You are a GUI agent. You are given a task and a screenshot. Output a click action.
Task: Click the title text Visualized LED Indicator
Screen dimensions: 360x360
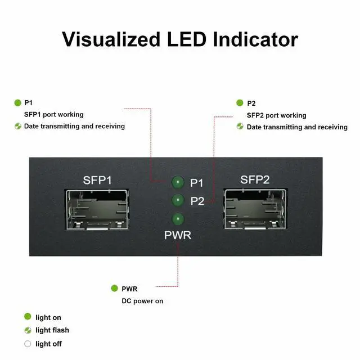pyautogui.click(x=179, y=39)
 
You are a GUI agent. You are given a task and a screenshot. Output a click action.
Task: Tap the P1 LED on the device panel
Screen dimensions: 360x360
pyautogui.click(x=178, y=182)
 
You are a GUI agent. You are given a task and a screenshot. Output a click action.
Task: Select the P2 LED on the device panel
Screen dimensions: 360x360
pyautogui.click(x=178, y=200)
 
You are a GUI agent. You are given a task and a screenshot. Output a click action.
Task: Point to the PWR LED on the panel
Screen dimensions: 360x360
pyautogui.click(x=178, y=219)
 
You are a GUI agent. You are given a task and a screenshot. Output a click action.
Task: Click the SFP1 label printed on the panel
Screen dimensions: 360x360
pyautogui.click(x=97, y=181)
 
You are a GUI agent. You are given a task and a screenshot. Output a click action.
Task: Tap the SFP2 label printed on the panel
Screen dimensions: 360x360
pyautogui.click(x=256, y=180)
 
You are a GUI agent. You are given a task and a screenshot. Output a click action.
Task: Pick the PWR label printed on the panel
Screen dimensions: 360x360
pyautogui.click(x=178, y=235)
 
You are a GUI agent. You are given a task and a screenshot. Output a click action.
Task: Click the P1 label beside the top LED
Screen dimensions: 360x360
pyautogui.click(x=197, y=183)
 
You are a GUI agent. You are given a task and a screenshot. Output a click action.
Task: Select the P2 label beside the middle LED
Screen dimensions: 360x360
pyautogui.click(x=197, y=201)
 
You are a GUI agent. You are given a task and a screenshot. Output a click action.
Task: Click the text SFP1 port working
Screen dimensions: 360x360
pyautogui.click(x=53, y=115)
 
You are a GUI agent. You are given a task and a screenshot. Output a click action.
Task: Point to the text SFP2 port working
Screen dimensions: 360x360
pyautogui.click(x=276, y=115)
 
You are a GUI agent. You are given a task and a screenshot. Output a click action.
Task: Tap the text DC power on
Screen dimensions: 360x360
pyautogui.click(x=142, y=301)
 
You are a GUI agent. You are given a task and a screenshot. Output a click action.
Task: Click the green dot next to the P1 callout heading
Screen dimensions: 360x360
pyautogui.click(x=17, y=102)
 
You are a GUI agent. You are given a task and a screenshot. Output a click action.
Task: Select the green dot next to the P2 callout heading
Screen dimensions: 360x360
pyautogui.click(x=240, y=103)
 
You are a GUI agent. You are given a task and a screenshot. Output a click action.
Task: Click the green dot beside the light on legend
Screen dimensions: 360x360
pyautogui.click(x=28, y=317)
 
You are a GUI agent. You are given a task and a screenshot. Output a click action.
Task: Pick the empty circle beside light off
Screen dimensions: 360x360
pyautogui.click(x=28, y=344)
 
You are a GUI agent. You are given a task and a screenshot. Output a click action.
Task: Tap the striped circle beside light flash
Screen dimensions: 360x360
pyautogui.click(x=28, y=330)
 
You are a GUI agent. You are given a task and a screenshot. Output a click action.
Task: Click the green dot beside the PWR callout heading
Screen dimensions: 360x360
pyautogui.click(x=115, y=289)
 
